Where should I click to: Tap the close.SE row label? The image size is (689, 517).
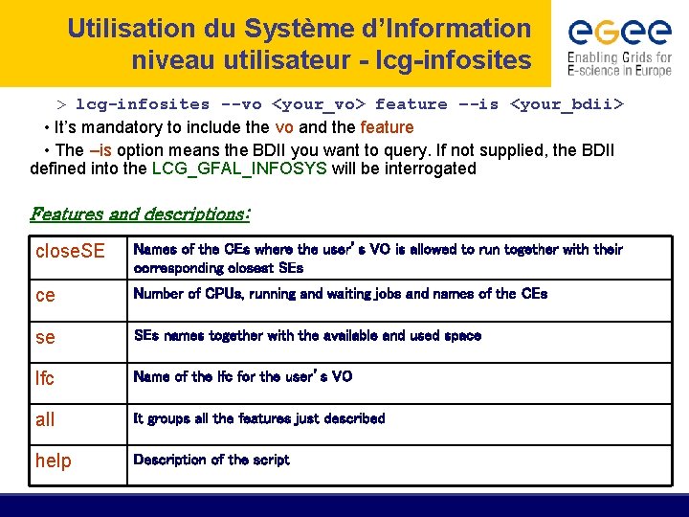[x=70, y=252]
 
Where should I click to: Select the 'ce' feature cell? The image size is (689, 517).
[x=45, y=296]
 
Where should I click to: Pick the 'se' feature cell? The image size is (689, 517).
[x=45, y=338]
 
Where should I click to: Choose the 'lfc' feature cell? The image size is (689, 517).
[x=45, y=379]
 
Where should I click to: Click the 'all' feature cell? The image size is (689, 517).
[x=45, y=419]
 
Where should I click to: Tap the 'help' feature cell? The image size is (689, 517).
[x=54, y=461]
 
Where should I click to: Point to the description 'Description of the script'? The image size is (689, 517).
[x=211, y=460]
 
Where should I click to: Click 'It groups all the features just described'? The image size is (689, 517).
[x=259, y=418]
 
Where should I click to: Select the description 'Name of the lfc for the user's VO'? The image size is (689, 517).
[x=243, y=376]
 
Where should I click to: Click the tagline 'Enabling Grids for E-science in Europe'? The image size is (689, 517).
[x=619, y=63]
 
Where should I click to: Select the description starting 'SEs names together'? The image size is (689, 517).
[x=307, y=335]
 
